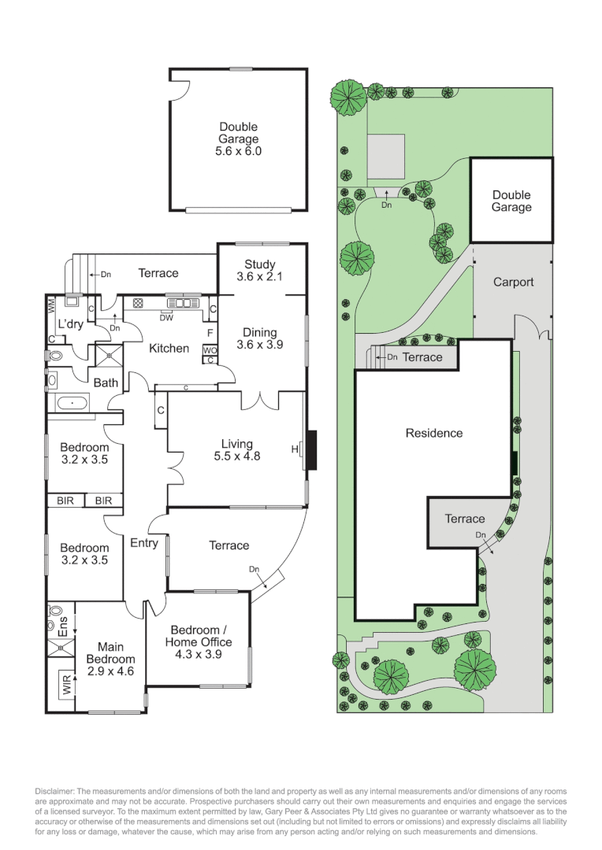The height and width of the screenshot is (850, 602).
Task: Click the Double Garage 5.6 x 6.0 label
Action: coord(238,139)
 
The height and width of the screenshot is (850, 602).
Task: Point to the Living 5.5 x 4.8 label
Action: coord(236,449)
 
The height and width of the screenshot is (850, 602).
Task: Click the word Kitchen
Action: coord(169,348)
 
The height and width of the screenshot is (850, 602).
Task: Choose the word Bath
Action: coord(106,383)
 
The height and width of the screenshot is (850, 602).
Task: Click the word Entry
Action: coord(144,543)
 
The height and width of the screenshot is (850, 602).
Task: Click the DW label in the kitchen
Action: coord(167,318)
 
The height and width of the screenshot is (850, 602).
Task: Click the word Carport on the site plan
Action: coord(513,282)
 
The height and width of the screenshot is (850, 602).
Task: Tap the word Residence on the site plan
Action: coord(434,433)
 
